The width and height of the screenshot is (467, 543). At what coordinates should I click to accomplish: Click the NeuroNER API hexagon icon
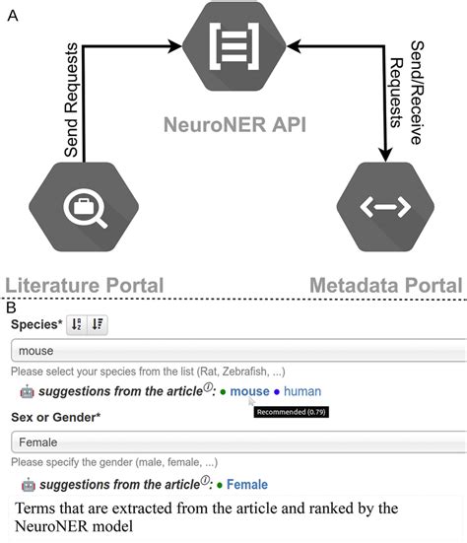[x=233, y=44]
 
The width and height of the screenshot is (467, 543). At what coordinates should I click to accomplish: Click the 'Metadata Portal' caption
[x=387, y=284]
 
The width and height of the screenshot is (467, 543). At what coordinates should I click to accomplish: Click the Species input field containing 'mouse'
[x=236, y=350]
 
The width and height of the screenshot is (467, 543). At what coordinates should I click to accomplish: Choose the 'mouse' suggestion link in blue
[x=249, y=391]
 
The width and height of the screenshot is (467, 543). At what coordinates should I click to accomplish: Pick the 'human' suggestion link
[x=302, y=391]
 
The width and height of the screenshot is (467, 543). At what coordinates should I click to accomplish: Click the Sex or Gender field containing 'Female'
[x=236, y=442]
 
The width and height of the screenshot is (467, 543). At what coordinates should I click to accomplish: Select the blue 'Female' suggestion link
[x=247, y=484]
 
